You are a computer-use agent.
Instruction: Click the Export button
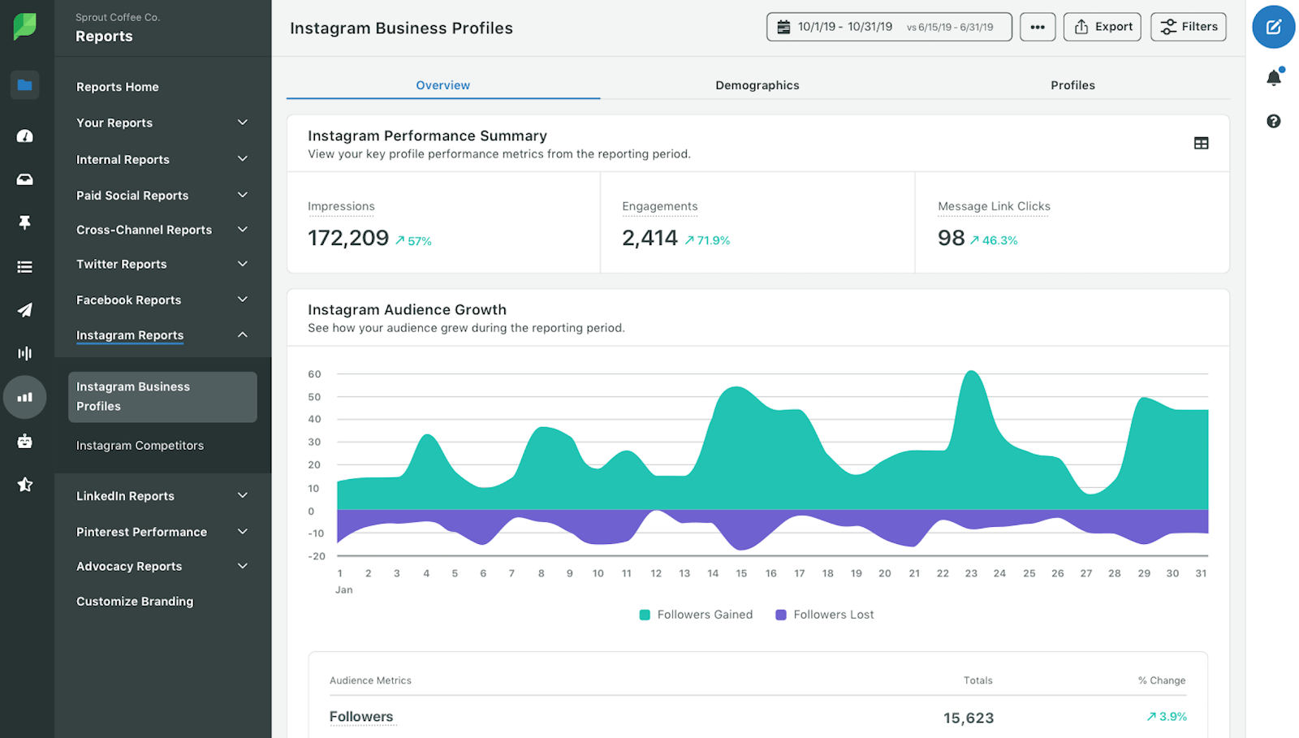pyautogui.click(x=1103, y=27)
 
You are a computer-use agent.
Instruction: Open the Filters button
pyautogui.click(x=1189, y=27)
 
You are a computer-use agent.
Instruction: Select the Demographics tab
pyautogui.click(x=757, y=85)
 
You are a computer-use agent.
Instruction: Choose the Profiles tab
pyautogui.click(x=1072, y=85)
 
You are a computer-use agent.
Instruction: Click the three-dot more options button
pyautogui.click(x=1038, y=27)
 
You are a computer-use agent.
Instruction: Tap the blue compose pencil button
pyautogui.click(x=1273, y=27)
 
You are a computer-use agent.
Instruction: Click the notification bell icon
pyautogui.click(x=1273, y=78)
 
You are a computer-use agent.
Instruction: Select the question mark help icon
pyautogui.click(x=1273, y=122)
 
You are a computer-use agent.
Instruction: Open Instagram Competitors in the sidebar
pyautogui.click(x=140, y=446)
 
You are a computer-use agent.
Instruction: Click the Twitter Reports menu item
pyautogui.click(x=122, y=265)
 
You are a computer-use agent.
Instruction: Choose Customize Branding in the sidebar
pyautogui.click(x=135, y=602)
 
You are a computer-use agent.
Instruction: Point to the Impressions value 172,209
pyautogui.click(x=348, y=238)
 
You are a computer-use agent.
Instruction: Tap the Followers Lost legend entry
pyautogui.click(x=825, y=615)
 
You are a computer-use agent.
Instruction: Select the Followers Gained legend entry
pyautogui.click(x=697, y=615)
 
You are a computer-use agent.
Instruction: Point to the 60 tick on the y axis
pyautogui.click(x=314, y=374)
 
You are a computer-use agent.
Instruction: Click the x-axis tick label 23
pyautogui.click(x=971, y=573)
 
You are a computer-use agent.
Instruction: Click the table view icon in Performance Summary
pyautogui.click(x=1202, y=144)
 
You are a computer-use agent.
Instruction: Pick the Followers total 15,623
pyautogui.click(x=969, y=718)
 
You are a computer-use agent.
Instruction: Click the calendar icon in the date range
pyautogui.click(x=783, y=28)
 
